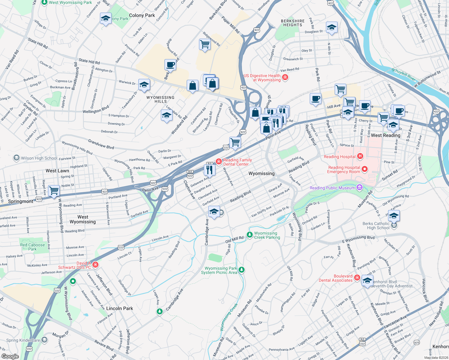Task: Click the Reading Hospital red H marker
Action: [x=360, y=156]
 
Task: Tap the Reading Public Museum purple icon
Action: [x=360, y=188]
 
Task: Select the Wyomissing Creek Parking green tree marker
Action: [x=249, y=235]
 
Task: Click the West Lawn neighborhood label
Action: [x=57, y=171]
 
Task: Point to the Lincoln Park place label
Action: [x=119, y=308]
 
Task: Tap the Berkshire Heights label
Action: [x=293, y=23]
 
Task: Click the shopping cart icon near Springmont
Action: [x=54, y=190]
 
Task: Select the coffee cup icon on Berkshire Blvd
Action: [x=170, y=65]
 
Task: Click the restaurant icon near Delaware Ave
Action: [x=209, y=170]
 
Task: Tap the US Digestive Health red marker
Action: [x=285, y=77]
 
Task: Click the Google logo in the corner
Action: [x=10, y=356]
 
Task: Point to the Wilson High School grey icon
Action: [x=16, y=158]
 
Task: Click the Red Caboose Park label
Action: [x=32, y=247]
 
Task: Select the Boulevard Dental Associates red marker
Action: [x=357, y=277]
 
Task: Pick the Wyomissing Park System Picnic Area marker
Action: [x=242, y=270]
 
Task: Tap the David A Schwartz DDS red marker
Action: [x=95, y=264]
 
